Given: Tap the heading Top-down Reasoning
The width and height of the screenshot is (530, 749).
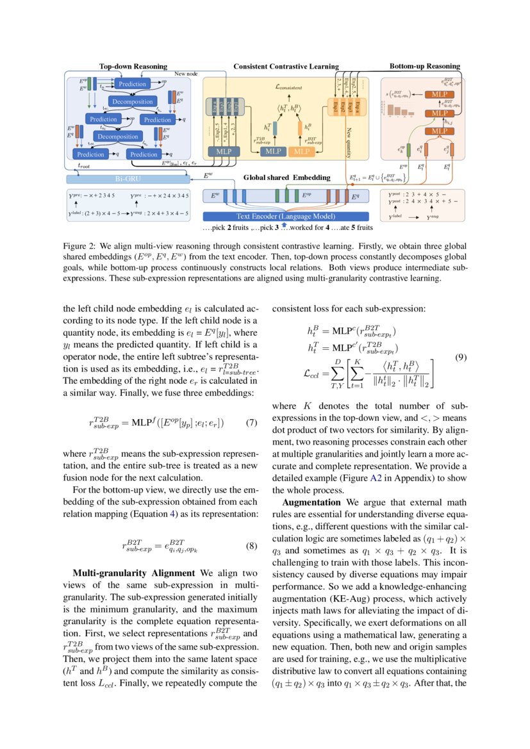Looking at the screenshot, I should (x=133, y=67).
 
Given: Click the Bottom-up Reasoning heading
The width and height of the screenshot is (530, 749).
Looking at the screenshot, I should (x=424, y=66).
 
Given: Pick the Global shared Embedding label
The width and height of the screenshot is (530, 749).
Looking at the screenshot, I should (x=286, y=177).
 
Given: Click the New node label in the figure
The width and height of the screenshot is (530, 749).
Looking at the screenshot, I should (x=186, y=74).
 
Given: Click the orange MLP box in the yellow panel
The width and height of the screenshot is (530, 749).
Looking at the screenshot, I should (x=300, y=151).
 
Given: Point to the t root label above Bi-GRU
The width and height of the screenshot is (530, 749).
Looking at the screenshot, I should (x=84, y=165).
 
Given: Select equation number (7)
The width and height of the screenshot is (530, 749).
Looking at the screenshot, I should (x=251, y=423).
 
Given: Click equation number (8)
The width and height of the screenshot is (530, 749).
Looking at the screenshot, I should (x=251, y=547).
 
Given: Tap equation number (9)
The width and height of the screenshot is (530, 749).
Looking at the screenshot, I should (x=460, y=358).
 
